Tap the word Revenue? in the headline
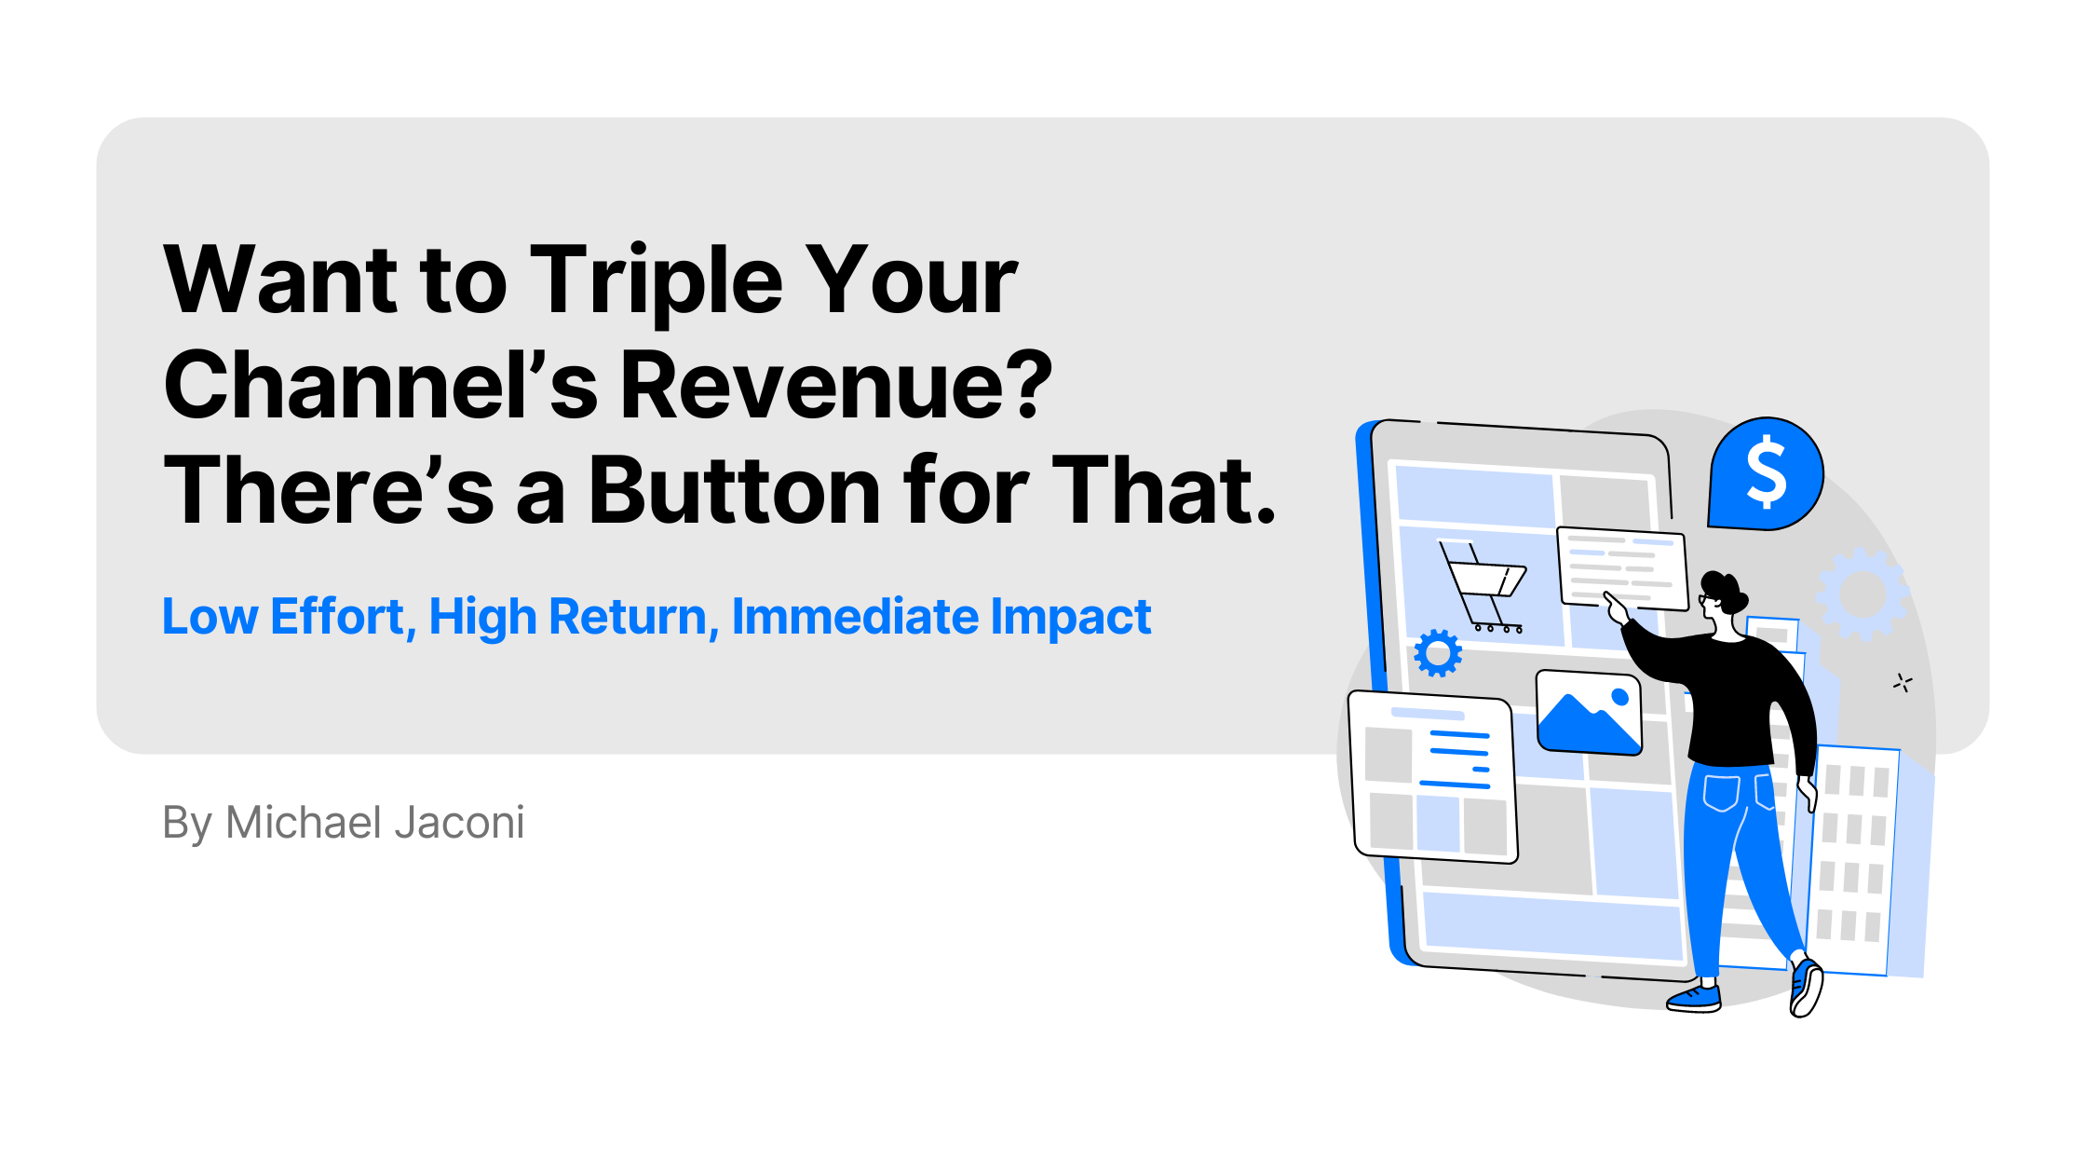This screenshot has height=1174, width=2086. (x=836, y=384)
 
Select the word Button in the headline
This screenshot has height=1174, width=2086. (x=735, y=490)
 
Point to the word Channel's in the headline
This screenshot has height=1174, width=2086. (x=380, y=384)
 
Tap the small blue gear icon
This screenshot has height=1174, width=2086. (x=1438, y=653)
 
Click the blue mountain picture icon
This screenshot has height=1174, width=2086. (x=1589, y=713)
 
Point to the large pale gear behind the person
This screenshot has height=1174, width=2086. (x=1862, y=594)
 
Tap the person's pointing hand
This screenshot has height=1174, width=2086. (x=1616, y=607)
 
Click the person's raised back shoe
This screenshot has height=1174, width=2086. (x=1806, y=987)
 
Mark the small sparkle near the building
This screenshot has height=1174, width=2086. (x=1903, y=683)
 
